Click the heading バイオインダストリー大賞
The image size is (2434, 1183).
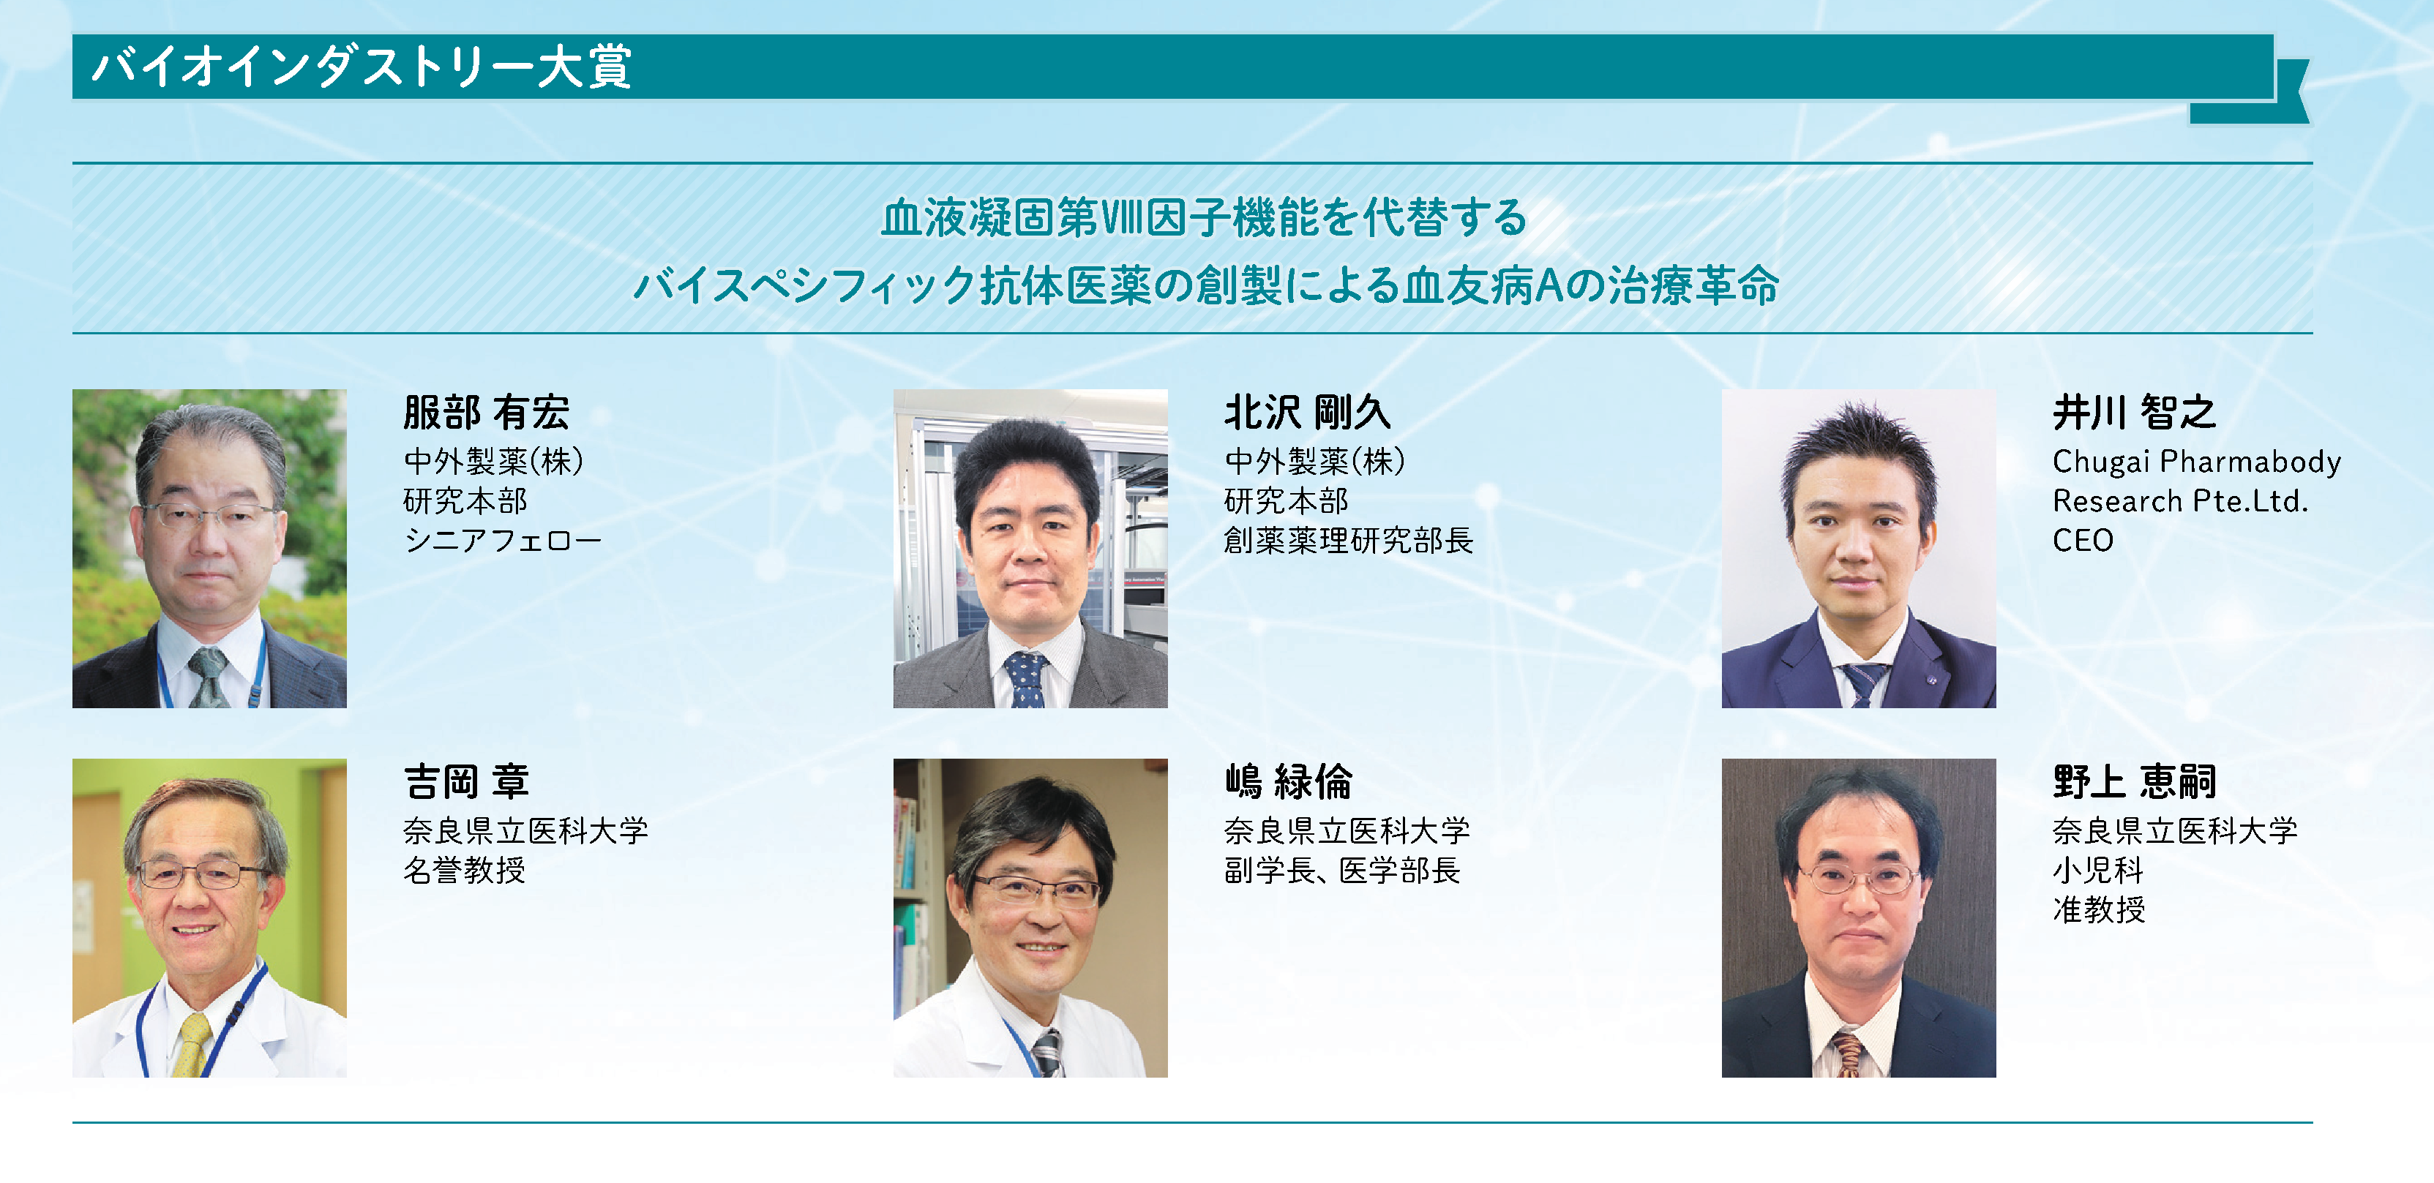click(362, 67)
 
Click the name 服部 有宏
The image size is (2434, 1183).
click(486, 413)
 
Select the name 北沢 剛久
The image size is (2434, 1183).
click(1307, 413)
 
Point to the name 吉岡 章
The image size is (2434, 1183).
click(466, 782)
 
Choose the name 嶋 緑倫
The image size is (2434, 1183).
click(1288, 782)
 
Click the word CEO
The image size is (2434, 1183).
click(2083, 541)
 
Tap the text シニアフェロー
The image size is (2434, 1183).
click(503, 541)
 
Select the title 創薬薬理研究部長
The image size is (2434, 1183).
click(1348, 541)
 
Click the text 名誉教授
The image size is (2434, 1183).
click(464, 871)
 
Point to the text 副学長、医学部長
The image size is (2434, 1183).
click(1341, 871)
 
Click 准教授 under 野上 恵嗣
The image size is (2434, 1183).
click(2099, 910)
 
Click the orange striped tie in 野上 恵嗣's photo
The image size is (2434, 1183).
click(1848, 1054)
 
